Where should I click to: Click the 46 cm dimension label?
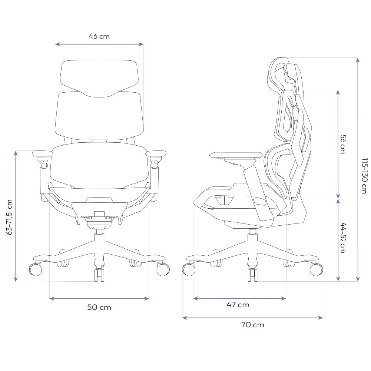point(99,36)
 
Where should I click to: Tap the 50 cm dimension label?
point(99,307)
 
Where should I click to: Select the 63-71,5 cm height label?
point(9,217)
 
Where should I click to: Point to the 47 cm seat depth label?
point(238,305)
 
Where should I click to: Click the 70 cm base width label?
point(253,325)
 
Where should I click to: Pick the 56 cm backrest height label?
point(342,144)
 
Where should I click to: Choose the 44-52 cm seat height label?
point(342,238)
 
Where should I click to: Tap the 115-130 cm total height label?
point(365,176)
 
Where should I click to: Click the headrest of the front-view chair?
point(99,78)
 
